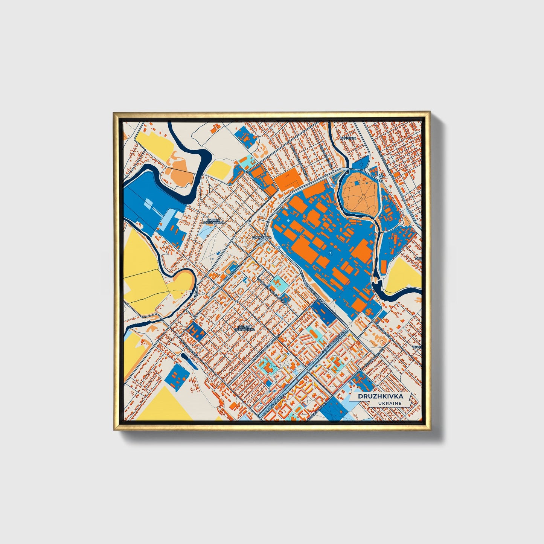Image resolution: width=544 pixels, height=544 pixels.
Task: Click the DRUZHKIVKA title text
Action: pos(380,396)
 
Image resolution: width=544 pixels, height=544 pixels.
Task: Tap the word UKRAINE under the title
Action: pos(390,403)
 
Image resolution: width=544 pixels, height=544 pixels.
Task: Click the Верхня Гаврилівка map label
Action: pos(244,328)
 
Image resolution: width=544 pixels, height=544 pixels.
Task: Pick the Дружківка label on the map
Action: pos(261,238)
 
